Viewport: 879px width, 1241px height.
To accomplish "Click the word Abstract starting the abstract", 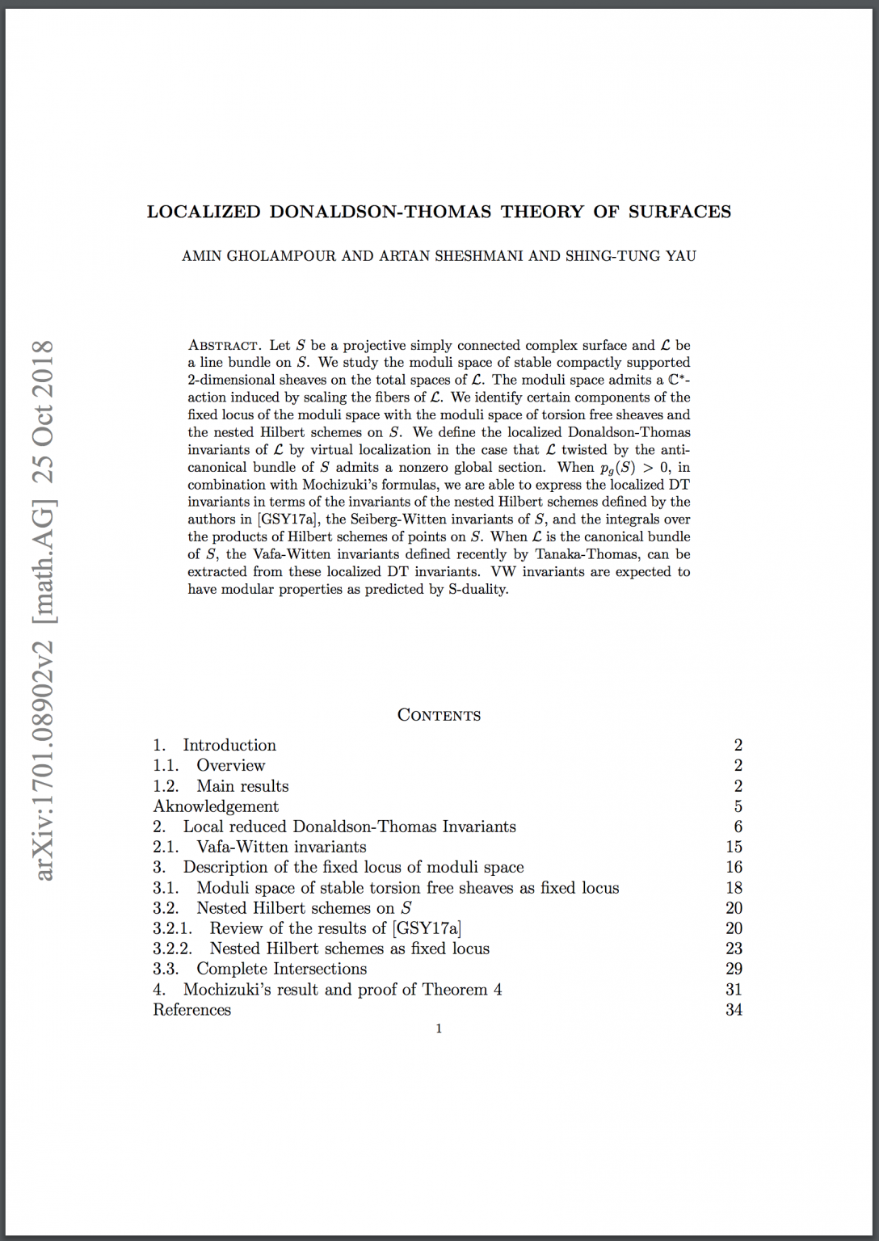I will click(224, 346).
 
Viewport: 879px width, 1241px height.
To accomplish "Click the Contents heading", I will click(439, 715).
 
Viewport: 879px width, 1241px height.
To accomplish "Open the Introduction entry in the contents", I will click(229, 745).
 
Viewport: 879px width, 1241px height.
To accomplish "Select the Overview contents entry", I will click(230, 765).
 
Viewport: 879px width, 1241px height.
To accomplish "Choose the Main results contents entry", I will click(242, 786).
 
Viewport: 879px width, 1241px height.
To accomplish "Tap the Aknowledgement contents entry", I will click(216, 806).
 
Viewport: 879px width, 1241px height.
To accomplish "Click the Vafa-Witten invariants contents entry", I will click(281, 847).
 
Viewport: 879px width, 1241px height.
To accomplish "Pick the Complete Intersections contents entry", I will click(281, 969).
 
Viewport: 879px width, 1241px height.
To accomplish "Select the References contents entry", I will click(192, 1010).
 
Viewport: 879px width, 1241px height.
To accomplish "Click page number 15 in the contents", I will click(734, 847).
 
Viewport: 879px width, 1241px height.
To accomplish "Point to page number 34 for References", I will click(734, 1010).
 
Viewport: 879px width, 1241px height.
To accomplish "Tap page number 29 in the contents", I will click(734, 969).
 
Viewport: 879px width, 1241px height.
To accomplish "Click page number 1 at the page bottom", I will click(439, 1029).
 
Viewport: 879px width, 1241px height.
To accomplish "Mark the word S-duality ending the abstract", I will click(478, 589).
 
